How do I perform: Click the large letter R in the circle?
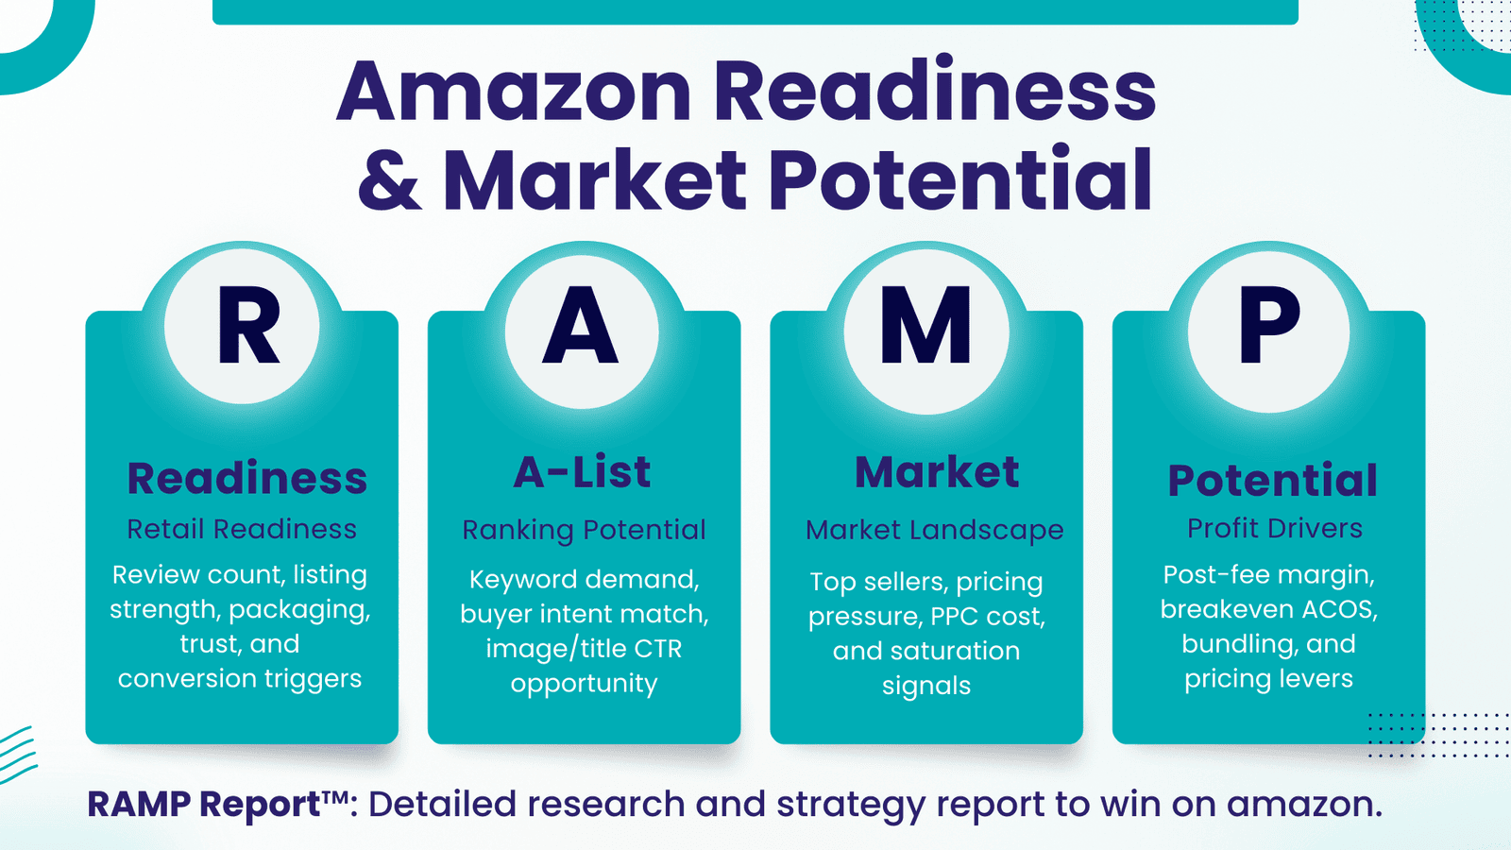(247, 325)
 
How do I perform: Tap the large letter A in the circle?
(581, 325)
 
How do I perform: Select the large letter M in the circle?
(925, 324)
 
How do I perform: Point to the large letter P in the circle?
(1269, 325)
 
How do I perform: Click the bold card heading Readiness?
(246, 478)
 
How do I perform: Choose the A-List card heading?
(582, 471)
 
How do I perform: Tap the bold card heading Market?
(937, 471)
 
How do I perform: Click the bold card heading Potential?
(1272, 480)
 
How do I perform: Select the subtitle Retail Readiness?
(242, 529)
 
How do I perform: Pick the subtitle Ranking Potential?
(585, 530)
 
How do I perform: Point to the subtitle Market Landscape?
(934, 530)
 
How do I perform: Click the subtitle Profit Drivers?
(1275, 528)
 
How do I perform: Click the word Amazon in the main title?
(514, 92)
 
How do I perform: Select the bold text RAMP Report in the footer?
(204, 804)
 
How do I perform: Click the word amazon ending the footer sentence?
(1304, 804)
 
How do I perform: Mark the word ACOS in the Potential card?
(1340, 609)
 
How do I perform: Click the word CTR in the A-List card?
(657, 649)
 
